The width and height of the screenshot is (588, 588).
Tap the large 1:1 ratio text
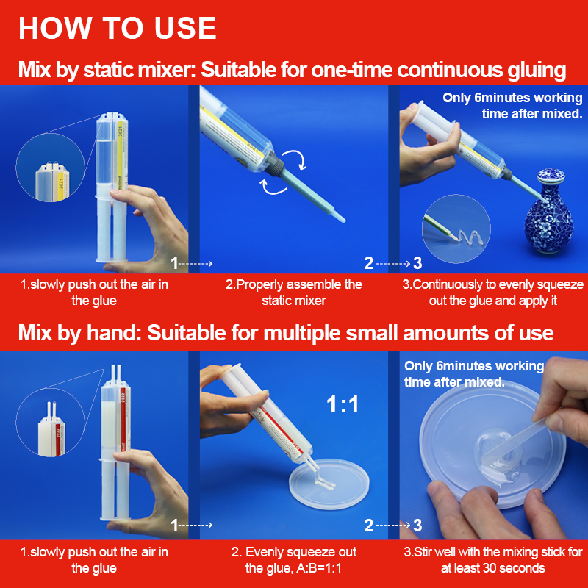343,405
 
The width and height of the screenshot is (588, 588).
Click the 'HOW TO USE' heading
118,28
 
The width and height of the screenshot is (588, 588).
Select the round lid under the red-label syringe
329,484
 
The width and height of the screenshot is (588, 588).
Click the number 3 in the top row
417,263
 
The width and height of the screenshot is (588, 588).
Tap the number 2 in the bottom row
369,526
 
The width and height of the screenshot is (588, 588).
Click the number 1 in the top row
174,263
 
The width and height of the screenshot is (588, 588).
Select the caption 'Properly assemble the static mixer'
293,293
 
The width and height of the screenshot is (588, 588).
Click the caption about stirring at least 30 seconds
493,560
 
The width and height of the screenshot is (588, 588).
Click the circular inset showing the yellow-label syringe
50,168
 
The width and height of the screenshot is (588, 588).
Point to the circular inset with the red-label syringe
50,422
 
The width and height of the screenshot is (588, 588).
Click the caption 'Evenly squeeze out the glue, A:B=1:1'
293,560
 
